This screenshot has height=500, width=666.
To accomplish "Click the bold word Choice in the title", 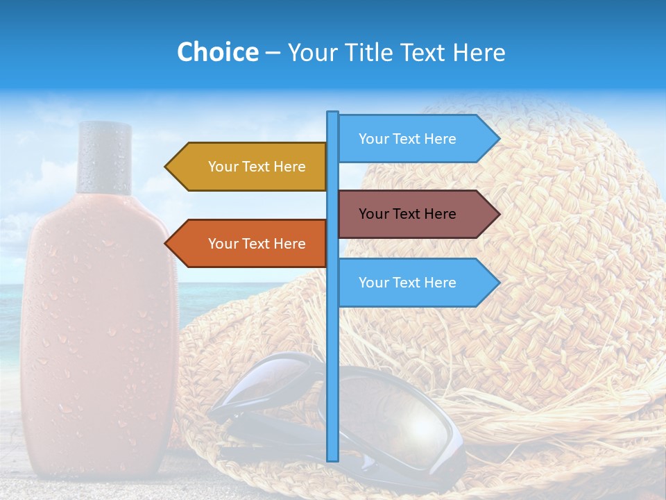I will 217,52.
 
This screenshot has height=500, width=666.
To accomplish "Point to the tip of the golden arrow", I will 166,167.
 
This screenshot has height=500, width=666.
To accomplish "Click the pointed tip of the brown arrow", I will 498,214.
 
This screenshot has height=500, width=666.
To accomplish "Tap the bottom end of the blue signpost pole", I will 333,458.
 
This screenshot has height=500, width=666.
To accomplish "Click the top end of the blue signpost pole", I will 333,114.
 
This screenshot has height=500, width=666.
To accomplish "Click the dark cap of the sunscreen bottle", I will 104,157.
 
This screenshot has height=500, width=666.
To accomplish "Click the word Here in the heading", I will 479,52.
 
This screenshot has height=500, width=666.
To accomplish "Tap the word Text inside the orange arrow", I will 256,244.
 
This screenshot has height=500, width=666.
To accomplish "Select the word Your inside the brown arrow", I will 373,214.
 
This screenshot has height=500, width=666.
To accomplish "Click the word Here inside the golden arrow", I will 289,167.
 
